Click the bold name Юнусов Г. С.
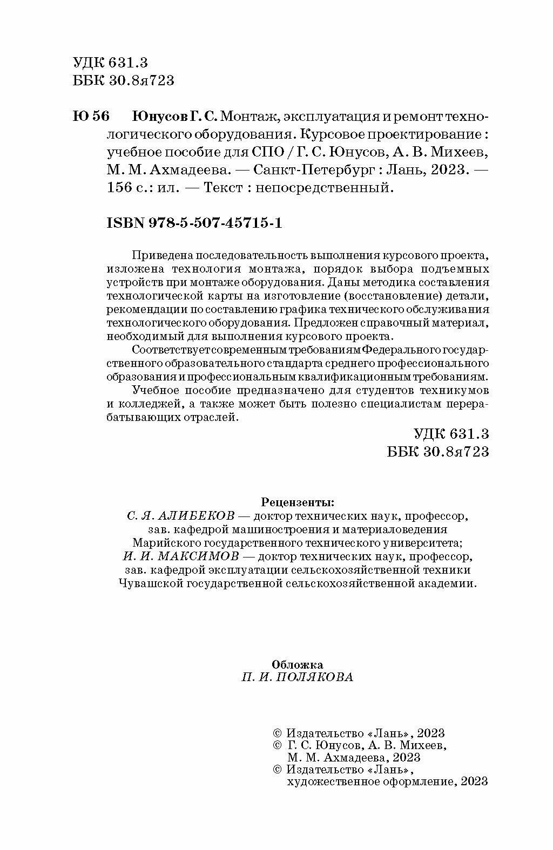[174, 117]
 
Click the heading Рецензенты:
[298, 502]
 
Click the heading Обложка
[298, 664]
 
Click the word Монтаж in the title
[249, 117]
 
